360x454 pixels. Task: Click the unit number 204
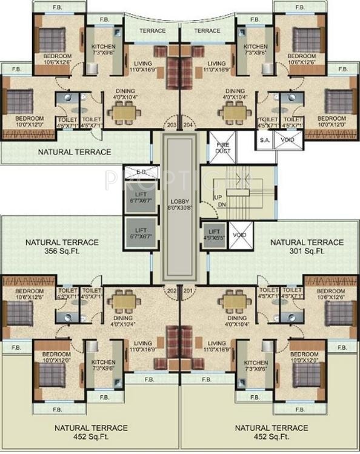[188, 126]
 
